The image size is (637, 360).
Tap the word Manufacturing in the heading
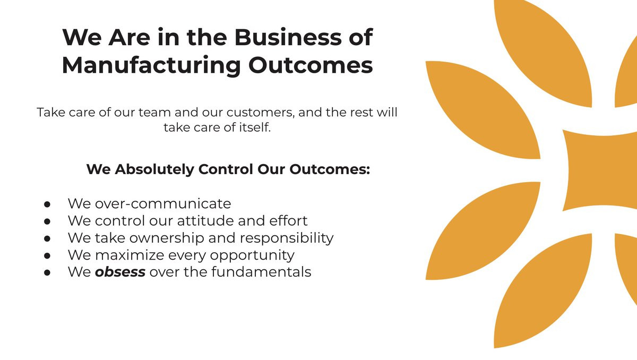[x=151, y=66]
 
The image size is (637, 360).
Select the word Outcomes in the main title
[x=311, y=65]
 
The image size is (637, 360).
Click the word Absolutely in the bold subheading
[x=154, y=169]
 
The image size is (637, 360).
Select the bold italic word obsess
[x=120, y=272]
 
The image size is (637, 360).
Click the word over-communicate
[x=163, y=203]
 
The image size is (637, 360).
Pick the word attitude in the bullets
[x=205, y=221]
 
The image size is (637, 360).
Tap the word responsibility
[x=287, y=238]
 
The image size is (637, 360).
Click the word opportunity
[x=252, y=255]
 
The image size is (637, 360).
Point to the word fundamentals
[x=261, y=272]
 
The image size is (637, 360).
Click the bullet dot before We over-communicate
[x=47, y=204]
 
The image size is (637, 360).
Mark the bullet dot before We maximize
[x=47, y=255]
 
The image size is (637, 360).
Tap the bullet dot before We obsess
[x=47, y=272]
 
